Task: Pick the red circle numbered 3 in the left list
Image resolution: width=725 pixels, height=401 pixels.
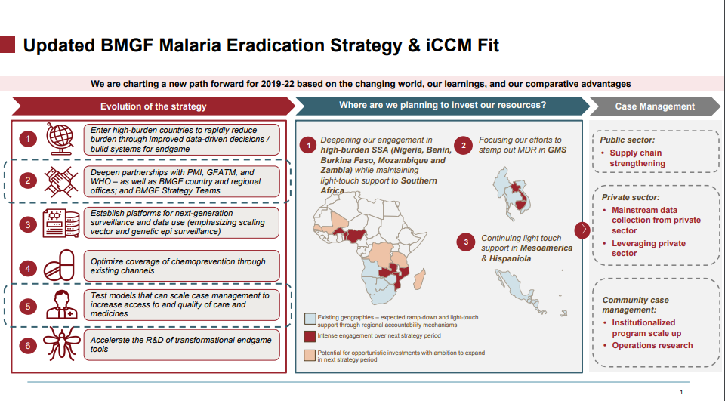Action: pyautogui.click(x=28, y=224)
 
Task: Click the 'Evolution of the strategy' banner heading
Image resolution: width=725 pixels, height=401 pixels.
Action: pyautogui.click(x=153, y=106)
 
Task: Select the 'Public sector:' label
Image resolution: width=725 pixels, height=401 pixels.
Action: pyautogui.click(x=626, y=140)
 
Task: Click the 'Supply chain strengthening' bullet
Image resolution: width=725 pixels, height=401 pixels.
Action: pyautogui.click(x=637, y=158)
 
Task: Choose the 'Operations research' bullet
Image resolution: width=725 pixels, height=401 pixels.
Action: pyautogui.click(x=652, y=346)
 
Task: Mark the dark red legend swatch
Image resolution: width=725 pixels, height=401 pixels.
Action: pyautogui.click(x=310, y=335)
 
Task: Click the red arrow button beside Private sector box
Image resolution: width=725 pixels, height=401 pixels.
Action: pyautogui.click(x=582, y=230)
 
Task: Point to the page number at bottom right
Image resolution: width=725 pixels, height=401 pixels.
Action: pyautogui.click(x=681, y=392)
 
